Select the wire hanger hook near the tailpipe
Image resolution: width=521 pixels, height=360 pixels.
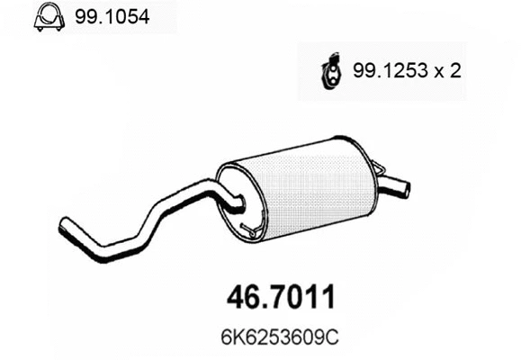coord(379,167)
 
